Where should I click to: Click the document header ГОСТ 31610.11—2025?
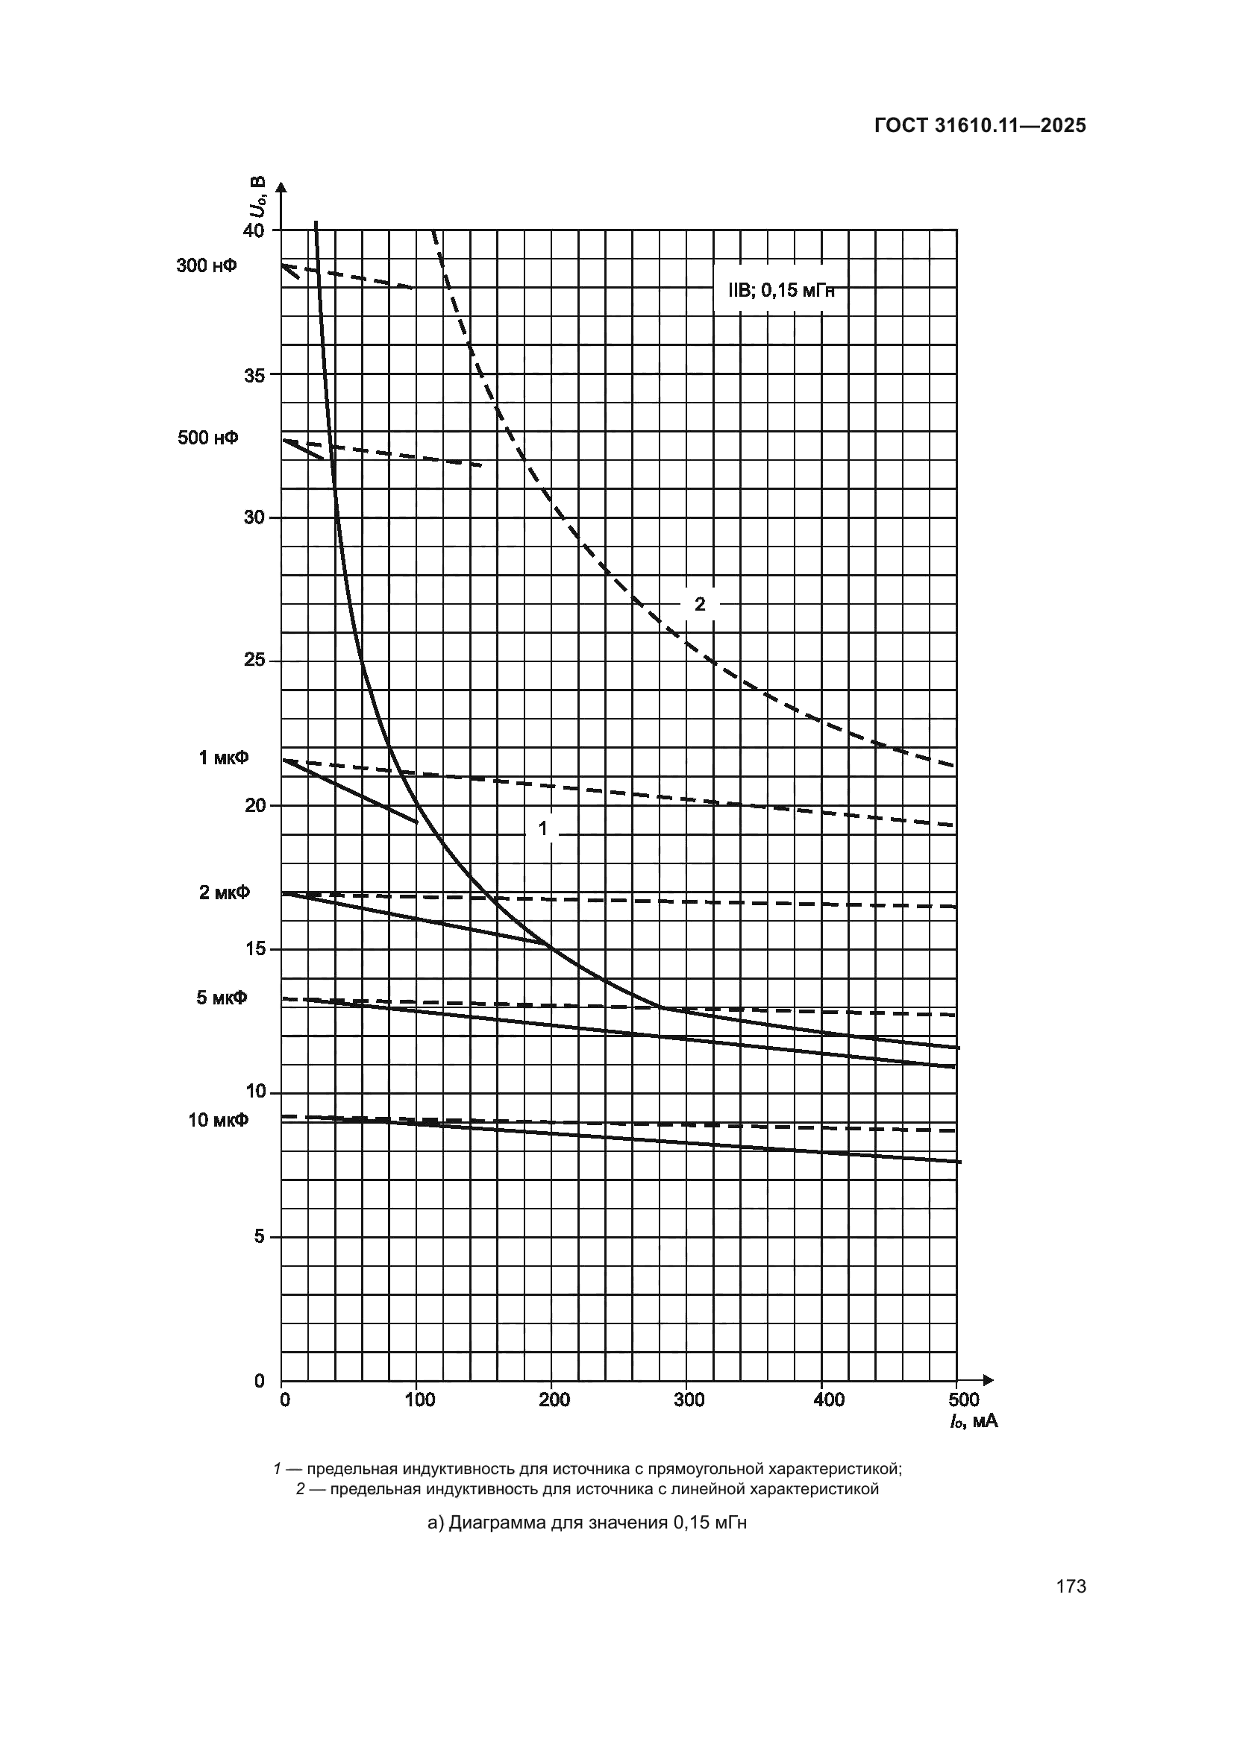click(980, 126)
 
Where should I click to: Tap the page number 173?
click(1071, 1586)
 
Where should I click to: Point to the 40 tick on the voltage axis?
click(254, 230)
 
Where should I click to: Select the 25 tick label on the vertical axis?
click(254, 661)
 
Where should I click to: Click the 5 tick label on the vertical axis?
click(259, 1236)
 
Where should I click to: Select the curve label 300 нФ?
click(207, 266)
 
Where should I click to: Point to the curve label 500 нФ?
click(207, 438)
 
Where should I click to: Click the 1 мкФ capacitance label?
click(223, 758)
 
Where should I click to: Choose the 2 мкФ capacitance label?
click(224, 893)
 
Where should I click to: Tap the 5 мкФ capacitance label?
click(222, 998)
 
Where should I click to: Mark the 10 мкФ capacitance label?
click(218, 1120)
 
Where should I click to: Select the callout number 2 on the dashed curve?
click(700, 604)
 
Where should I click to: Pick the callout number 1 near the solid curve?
click(543, 828)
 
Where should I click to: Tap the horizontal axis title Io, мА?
click(973, 1421)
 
